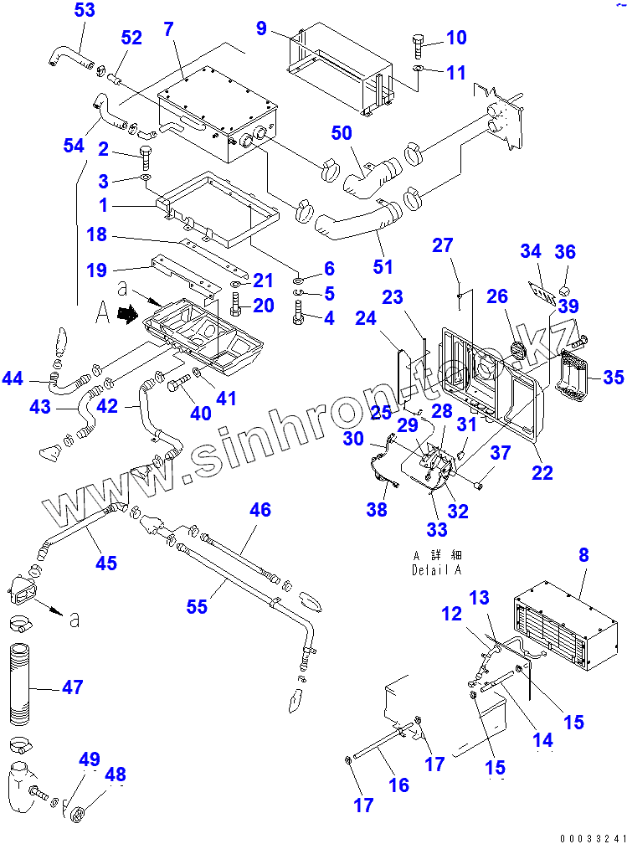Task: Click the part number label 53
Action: click(85, 11)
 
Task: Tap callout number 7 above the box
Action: click(169, 28)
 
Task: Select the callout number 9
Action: click(262, 28)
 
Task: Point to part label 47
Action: click(73, 687)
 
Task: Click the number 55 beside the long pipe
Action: click(197, 606)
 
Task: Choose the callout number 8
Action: click(583, 554)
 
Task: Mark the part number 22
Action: click(542, 472)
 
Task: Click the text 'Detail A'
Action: click(437, 569)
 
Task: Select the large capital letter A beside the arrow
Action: click(103, 313)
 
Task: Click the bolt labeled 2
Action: click(146, 157)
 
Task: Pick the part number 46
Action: click(260, 510)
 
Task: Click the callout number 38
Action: click(378, 508)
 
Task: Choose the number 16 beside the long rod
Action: click(398, 785)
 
